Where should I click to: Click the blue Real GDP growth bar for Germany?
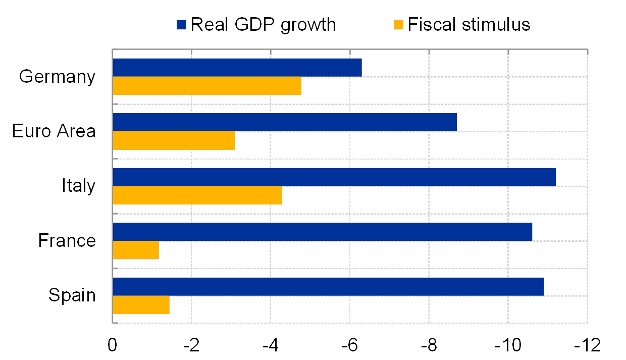[x=237, y=68]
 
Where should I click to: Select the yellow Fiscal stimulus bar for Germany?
[x=207, y=86]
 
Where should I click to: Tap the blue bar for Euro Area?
[x=285, y=122]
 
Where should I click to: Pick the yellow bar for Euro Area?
[x=174, y=140]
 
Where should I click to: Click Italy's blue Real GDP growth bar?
[x=334, y=177]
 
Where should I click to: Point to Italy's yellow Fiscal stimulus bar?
[x=197, y=195]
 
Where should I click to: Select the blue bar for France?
[x=323, y=232]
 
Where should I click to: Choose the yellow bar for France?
[x=136, y=250]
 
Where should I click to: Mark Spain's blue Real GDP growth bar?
[x=328, y=286]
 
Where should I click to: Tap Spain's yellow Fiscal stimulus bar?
[x=141, y=305]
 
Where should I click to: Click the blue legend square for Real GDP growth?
[x=182, y=25]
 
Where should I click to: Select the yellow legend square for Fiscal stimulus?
[x=399, y=25]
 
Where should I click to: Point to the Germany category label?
[x=58, y=77]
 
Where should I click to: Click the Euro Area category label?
[x=61, y=131]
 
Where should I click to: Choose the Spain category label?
[x=72, y=294]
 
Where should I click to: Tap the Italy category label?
[x=82, y=186]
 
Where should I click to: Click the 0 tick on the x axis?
[x=112, y=345]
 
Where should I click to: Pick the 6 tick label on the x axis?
[x=352, y=345]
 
